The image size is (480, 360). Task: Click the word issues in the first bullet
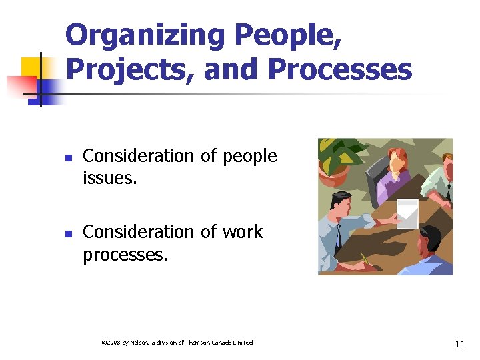click(x=109, y=178)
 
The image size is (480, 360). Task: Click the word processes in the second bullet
click(x=125, y=255)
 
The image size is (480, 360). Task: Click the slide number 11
click(x=459, y=344)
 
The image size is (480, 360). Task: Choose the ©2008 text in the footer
click(x=110, y=343)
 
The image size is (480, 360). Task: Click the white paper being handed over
click(x=407, y=212)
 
